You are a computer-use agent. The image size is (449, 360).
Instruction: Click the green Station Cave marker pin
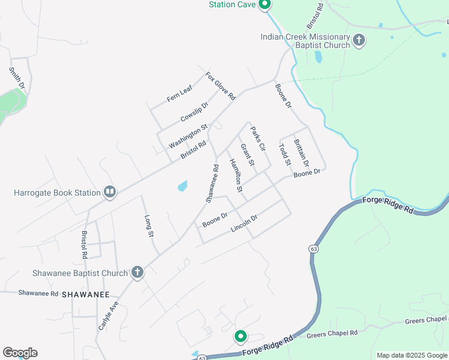pos(265,5)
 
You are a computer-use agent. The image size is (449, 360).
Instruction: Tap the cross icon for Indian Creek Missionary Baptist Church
pos(359,41)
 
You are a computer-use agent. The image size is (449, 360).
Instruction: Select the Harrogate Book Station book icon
pos(109,193)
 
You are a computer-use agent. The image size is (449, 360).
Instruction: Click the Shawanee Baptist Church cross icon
pos(137,273)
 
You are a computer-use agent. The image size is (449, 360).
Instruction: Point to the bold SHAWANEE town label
pos(86,295)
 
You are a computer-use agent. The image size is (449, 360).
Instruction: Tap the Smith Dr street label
pos(17,78)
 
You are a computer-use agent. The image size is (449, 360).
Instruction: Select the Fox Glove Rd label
pos(220,86)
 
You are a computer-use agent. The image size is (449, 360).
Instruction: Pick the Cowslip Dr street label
pos(194,112)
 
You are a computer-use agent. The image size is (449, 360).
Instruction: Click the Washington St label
pos(187,136)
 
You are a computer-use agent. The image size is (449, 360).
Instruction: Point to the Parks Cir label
pos(258,139)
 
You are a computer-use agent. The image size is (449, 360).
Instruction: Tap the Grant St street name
pos(247,155)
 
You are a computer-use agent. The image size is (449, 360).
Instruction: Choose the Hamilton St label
pos(235,175)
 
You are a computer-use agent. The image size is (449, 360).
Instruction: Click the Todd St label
pos(285,154)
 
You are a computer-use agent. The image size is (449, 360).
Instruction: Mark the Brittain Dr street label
pos(301,153)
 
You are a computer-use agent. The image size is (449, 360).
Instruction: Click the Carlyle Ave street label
pos(109,316)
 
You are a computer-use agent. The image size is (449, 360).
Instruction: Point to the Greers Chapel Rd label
pos(332,333)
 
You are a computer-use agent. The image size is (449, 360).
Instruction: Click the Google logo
pos(20,353)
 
